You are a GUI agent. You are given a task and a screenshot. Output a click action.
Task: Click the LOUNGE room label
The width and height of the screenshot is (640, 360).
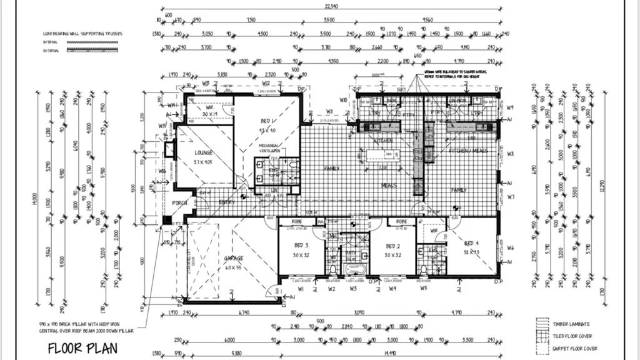(x=202, y=152)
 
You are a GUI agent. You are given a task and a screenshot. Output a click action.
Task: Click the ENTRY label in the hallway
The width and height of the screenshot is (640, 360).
(x=227, y=202)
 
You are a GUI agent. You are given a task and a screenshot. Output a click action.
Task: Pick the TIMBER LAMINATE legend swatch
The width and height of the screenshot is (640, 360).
(x=542, y=324)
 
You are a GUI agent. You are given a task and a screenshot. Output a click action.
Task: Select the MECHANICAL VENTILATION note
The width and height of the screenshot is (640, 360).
(x=273, y=147)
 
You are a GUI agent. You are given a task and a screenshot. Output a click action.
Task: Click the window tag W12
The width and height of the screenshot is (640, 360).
(x=266, y=82)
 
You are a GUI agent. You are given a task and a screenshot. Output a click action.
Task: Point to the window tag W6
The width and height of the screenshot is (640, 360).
(x=510, y=248)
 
